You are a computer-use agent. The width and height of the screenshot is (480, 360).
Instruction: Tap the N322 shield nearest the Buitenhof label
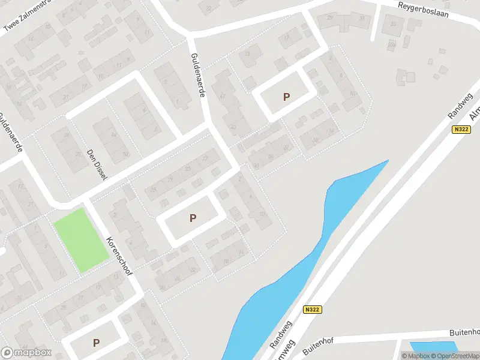click(x=312, y=310)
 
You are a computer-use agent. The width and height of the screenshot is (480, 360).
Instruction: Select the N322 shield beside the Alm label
click(x=461, y=130)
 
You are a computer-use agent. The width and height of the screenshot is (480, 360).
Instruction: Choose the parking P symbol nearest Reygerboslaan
click(x=286, y=97)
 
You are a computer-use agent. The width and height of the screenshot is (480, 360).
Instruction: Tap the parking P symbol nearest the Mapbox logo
click(x=96, y=343)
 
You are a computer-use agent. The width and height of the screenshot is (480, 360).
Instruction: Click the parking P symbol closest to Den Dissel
click(x=193, y=218)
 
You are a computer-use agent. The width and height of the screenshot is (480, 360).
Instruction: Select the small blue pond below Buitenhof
click(x=433, y=347)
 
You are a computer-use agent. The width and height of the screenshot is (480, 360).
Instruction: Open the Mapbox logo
click(x=26, y=352)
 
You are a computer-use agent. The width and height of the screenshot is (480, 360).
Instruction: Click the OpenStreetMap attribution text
click(x=454, y=356)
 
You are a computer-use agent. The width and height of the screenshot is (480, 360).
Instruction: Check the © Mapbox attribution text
click(x=415, y=356)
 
